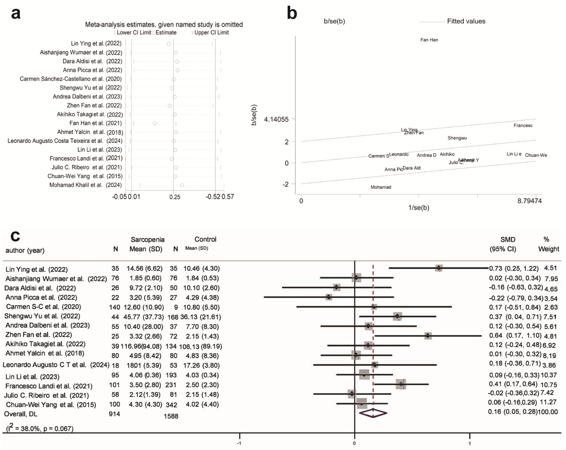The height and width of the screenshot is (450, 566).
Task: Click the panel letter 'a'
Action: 16,14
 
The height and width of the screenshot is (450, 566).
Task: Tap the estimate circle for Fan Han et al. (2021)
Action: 155,123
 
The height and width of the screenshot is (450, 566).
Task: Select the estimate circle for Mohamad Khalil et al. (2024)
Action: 182,185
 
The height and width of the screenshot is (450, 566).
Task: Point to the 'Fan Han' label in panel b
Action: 429,40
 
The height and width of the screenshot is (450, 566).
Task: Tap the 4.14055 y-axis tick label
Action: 276,120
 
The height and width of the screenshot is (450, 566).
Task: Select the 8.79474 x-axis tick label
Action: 529,201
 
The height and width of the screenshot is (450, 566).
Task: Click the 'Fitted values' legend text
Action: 466,21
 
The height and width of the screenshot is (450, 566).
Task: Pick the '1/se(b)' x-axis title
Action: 419,208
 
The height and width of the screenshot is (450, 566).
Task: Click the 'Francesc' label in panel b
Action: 523,126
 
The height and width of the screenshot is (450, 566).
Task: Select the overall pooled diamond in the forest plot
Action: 373,413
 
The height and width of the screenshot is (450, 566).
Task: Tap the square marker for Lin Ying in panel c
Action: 439,268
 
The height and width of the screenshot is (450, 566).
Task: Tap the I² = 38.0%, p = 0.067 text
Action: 40,428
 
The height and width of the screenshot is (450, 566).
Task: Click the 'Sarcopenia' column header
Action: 148,240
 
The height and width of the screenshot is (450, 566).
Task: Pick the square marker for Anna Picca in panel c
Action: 329,297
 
